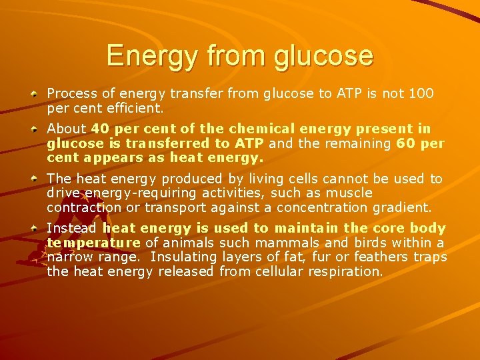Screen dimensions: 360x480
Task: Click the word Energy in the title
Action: point(145,56)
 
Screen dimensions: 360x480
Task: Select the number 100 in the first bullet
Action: point(421,94)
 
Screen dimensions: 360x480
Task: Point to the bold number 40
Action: point(100,128)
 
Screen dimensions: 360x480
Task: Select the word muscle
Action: point(348,193)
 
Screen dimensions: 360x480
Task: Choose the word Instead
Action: point(71,228)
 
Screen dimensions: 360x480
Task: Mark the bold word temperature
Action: point(93,243)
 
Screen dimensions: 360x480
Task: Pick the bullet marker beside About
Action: point(33,128)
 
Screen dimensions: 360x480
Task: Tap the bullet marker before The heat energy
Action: point(33,179)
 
